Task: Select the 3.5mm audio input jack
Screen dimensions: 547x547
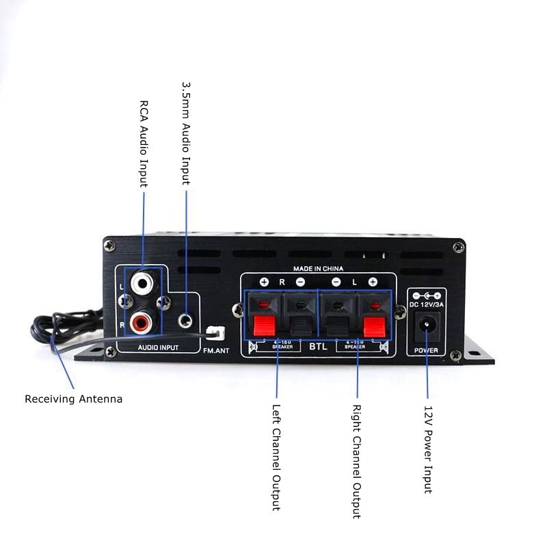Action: (x=185, y=319)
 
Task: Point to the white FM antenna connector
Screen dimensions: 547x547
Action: (x=214, y=333)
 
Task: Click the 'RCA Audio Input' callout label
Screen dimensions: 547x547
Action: (x=144, y=144)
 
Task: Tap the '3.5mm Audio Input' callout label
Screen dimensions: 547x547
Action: (x=185, y=134)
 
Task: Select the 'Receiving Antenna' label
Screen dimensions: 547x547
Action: (x=74, y=399)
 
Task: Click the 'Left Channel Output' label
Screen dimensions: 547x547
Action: (x=276, y=457)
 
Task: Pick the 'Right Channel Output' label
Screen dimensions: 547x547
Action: (x=356, y=461)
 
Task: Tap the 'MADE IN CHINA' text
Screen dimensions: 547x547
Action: (x=318, y=269)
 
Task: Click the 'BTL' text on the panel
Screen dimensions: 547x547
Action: (x=318, y=347)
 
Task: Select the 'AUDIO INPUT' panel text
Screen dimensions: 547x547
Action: (x=157, y=348)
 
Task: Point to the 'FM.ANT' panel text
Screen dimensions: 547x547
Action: (x=218, y=350)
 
